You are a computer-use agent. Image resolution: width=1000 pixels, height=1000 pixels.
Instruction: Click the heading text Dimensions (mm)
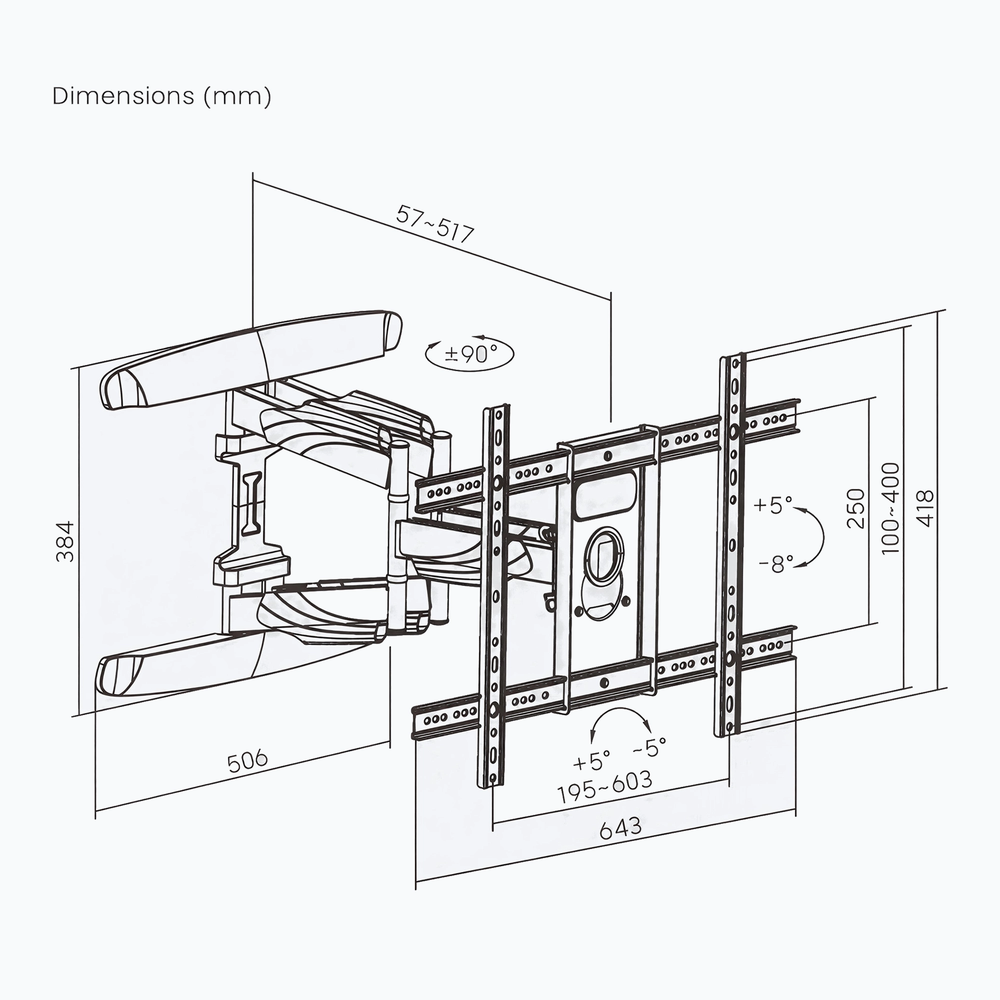point(161,96)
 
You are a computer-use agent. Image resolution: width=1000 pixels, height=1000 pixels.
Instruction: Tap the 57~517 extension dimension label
point(435,224)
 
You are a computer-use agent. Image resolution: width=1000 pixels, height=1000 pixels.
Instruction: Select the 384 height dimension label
point(65,541)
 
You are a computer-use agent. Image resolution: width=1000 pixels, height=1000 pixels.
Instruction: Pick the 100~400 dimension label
point(890,508)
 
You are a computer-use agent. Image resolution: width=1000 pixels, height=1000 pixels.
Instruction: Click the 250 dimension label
point(855,508)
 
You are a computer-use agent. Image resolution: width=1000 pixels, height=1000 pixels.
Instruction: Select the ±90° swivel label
point(470,354)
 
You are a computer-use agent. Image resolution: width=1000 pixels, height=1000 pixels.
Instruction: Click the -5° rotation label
point(649,747)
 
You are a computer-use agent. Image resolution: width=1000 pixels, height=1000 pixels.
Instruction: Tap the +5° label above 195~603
point(591,761)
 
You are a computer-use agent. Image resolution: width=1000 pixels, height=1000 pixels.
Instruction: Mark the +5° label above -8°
point(773,504)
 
